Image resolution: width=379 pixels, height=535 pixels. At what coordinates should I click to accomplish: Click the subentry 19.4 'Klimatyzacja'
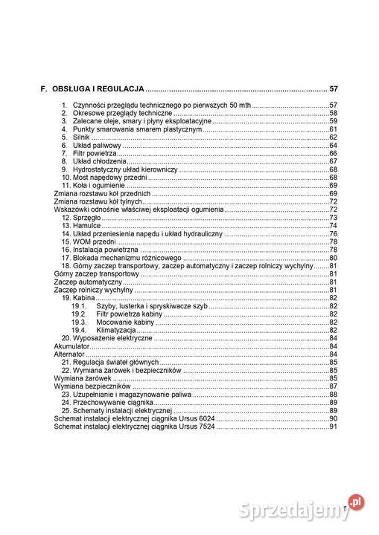(x=115, y=330)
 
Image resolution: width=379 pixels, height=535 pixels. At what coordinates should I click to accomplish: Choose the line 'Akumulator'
(x=72, y=346)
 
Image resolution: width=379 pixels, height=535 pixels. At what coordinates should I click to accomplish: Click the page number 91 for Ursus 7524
(x=334, y=427)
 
